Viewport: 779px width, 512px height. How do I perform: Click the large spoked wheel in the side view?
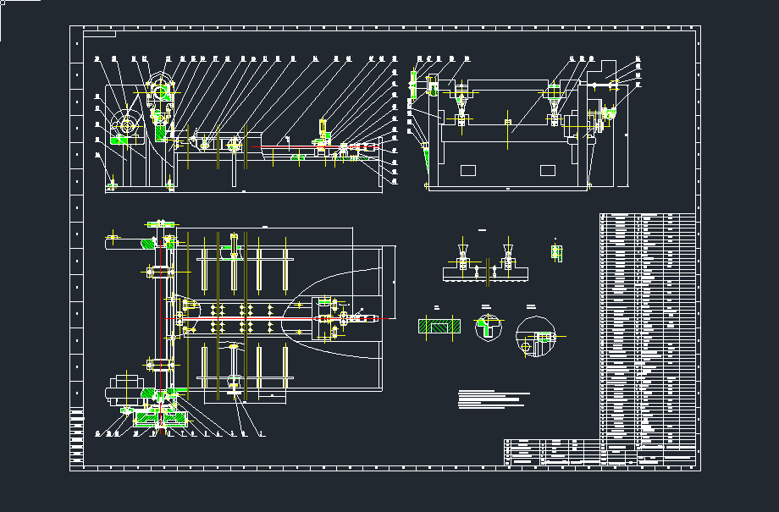pyautogui.click(x=127, y=126)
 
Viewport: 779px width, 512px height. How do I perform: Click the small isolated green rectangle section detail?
pyautogui.click(x=556, y=251)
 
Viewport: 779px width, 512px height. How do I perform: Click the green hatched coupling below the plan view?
pyautogui.click(x=157, y=417)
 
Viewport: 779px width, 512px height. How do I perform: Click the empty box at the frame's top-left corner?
pyautogui.click(x=99, y=35)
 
